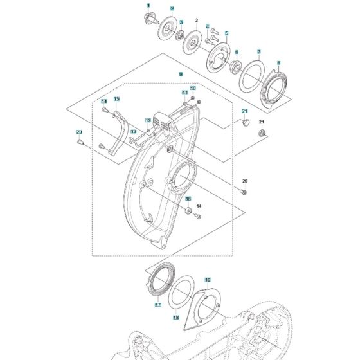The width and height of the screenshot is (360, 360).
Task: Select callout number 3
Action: [x=181, y=22]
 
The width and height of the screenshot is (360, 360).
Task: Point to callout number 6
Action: [x=236, y=52]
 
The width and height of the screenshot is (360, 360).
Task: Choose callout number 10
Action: [x=192, y=88]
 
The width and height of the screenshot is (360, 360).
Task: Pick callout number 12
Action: [x=148, y=120]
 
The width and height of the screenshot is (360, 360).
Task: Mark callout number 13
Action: [x=134, y=131]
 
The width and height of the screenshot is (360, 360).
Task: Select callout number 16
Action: [x=188, y=199]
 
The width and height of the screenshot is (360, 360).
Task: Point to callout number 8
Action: [x=278, y=62]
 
